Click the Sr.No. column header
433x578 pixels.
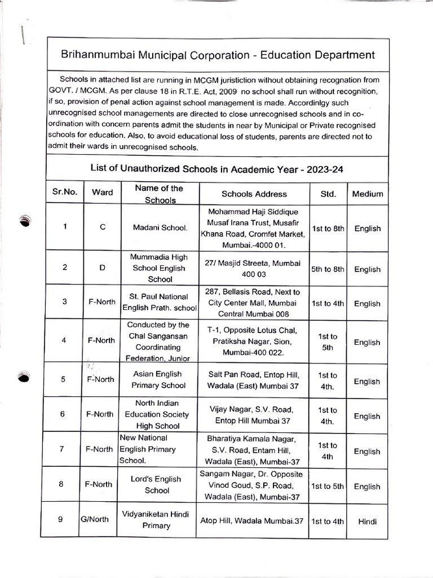pyautogui.click(x=64, y=192)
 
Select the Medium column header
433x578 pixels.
pyautogui.click(x=367, y=194)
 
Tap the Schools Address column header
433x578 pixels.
pyautogui.click(x=254, y=194)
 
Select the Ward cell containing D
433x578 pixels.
pyautogui.click(x=102, y=268)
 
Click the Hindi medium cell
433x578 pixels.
pyautogui.click(x=367, y=522)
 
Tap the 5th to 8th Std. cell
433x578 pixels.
pyautogui.click(x=328, y=269)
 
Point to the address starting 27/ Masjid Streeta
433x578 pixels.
pyautogui.click(x=254, y=269)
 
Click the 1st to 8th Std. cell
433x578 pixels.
pyautogui.click(x=328, y=229)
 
